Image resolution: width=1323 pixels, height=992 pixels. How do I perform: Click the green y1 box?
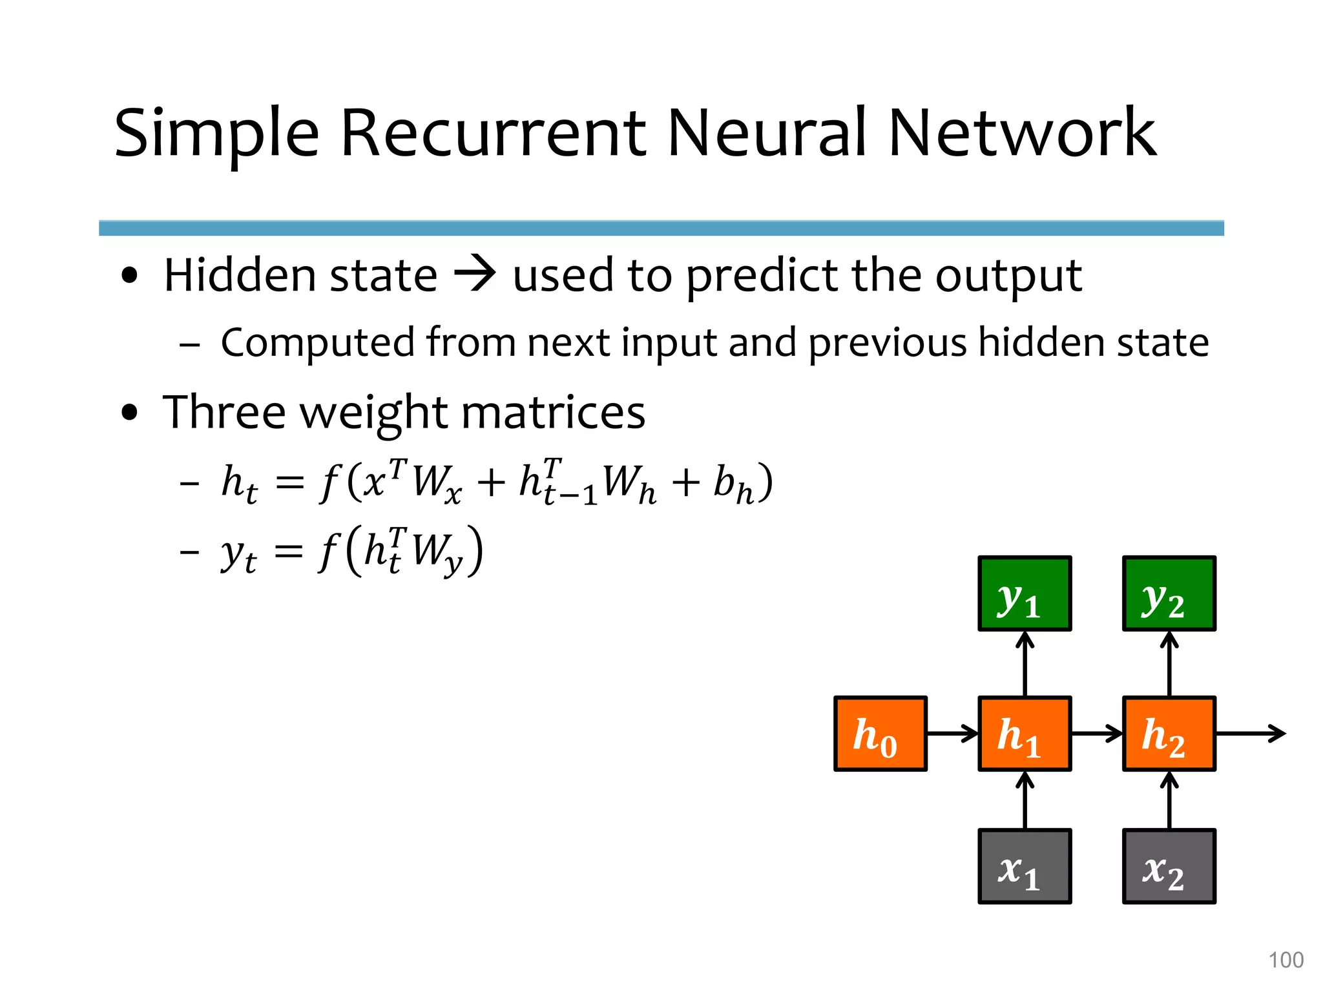pos(1025,594)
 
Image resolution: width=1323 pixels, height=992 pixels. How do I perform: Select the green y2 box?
pos(1169,594)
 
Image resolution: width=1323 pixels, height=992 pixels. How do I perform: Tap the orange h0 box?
pos(880,734)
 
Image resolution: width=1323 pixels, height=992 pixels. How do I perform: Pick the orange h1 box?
pos(1025,734)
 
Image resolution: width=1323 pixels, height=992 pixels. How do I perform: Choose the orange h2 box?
pos(1169,734)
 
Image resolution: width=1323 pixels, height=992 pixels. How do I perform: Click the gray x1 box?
pos(1025,867)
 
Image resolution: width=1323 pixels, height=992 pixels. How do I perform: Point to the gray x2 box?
pos(1169,867)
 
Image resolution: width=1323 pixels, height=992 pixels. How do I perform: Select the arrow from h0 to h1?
pos(953,734)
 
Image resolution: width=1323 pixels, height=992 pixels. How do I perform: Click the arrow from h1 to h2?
pos(1097,734)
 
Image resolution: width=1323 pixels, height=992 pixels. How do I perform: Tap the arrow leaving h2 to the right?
pos(1250,734)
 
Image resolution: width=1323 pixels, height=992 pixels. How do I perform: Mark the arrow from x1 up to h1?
pos(1025,801)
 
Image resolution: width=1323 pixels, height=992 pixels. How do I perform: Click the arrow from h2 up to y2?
pos(1169,664)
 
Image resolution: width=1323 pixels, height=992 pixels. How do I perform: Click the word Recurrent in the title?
pos(493,134)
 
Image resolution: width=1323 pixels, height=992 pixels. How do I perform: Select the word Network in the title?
pos(1022,134)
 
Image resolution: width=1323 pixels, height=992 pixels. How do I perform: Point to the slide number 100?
pos(1286,960)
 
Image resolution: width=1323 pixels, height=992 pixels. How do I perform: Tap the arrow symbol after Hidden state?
pos(475,275)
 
